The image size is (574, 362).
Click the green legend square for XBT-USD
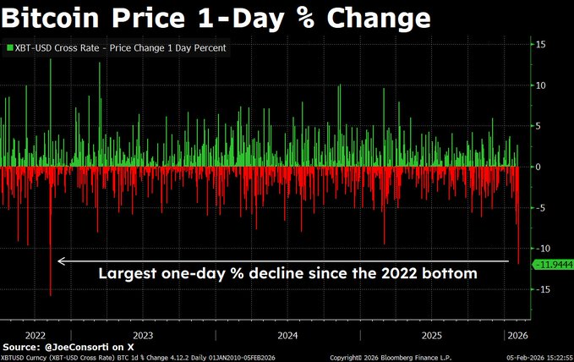(9, 48)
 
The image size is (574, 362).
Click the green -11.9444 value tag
(551, 265)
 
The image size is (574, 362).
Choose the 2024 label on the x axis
(287, 334)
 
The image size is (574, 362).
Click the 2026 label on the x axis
(516, 334)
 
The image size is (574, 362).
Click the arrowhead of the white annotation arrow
(60, 261)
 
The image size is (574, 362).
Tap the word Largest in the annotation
(128, 274)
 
